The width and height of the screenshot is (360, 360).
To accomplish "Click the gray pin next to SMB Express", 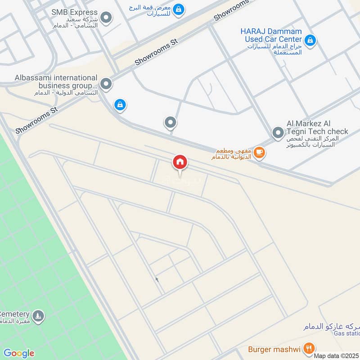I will click(x=106, y=18).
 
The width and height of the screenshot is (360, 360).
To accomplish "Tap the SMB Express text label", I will click(x=74, y=12).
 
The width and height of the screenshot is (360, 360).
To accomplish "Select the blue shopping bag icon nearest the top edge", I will click(x=179, y=9).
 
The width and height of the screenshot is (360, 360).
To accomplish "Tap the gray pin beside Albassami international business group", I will click(x=106, y=84).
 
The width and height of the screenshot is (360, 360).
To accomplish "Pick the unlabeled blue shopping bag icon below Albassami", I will click(x=120, y=105).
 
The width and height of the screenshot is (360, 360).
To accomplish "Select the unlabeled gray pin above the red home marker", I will click(x=171, y=122).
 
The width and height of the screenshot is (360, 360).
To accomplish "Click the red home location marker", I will click(x=180, y=162).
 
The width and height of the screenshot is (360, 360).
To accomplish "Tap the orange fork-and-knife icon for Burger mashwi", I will click(x=308, y=348).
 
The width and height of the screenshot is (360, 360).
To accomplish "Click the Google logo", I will click(x=19, y=353).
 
